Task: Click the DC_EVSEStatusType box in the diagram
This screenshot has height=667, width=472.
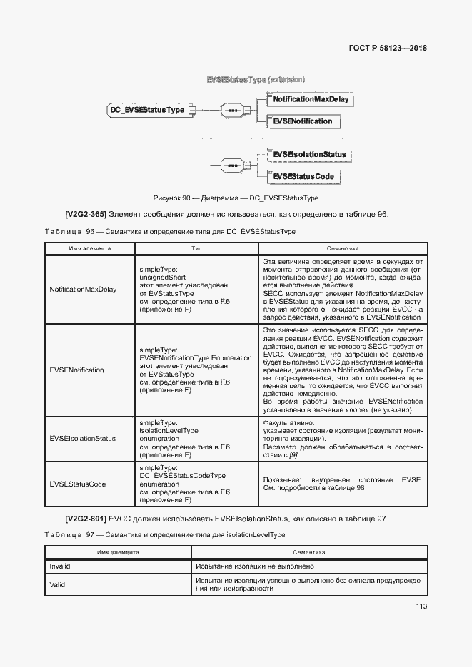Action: coord(146,110)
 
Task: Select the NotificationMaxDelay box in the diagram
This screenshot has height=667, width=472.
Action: coord(311,99)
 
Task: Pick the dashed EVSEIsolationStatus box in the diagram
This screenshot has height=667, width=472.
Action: coord(308,154)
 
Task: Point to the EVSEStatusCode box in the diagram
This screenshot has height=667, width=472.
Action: coord(303,176)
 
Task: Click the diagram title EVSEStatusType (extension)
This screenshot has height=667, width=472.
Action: coord(255,79)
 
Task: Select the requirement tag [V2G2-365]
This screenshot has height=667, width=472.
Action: coord(85,214)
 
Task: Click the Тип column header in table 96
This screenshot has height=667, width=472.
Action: coord(197,249)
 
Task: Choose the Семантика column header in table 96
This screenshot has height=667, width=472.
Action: coord(342,249)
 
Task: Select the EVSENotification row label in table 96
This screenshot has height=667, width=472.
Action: coord(76,370)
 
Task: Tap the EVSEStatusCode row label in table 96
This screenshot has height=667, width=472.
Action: coord(78,484)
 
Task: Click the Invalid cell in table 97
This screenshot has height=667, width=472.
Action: coord(60,566)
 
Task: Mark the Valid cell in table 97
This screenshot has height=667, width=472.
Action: coord(58,584)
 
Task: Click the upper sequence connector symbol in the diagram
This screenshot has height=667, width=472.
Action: coord(231,111)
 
